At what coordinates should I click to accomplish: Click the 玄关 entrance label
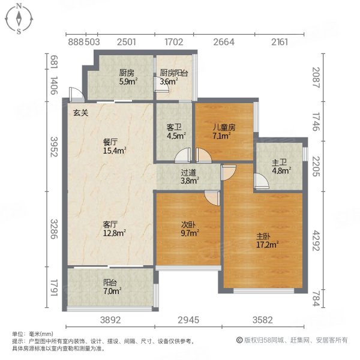tap(81, 113)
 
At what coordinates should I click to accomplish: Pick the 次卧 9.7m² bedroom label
tap(190, 230)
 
